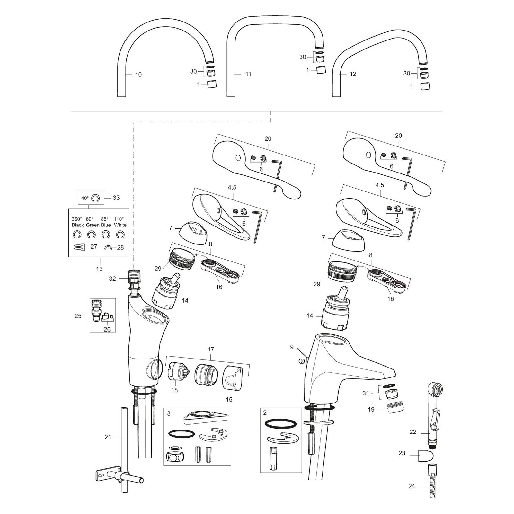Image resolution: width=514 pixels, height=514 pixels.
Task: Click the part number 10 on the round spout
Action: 138,75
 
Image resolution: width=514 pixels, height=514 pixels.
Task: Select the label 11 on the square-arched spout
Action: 248,74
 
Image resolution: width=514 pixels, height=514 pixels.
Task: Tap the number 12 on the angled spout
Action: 353,74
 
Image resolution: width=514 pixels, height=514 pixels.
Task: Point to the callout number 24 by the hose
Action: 412,486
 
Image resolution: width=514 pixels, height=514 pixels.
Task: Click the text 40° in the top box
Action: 85,198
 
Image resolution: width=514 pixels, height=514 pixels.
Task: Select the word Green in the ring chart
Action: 93,225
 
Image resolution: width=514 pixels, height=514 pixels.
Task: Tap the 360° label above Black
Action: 77,219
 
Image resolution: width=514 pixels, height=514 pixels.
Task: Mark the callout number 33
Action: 116,198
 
